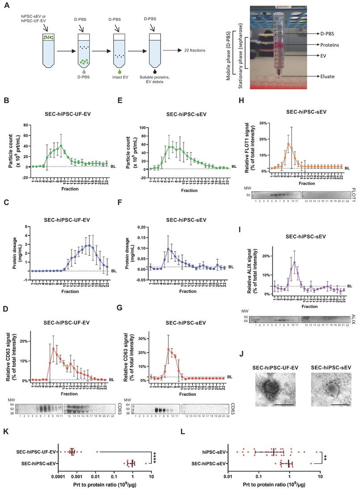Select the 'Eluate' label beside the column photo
pos(326,77)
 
